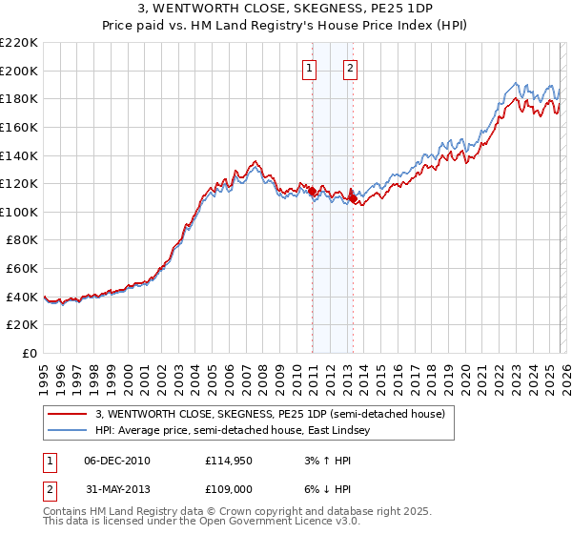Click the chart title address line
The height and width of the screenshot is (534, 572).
pos(286,10)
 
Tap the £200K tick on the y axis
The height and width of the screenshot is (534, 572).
pos(19,71)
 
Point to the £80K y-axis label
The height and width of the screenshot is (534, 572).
pos(22,240)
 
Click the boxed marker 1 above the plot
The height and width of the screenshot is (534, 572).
pos(311,68)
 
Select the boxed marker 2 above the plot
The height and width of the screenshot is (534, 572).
pos(351,68)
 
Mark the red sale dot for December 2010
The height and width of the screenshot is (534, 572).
pos(312,192)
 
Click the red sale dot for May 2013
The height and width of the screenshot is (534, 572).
pos(353,199)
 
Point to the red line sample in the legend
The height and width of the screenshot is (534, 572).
pos(69,414)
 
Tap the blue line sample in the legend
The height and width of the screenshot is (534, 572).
pos(69,431)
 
